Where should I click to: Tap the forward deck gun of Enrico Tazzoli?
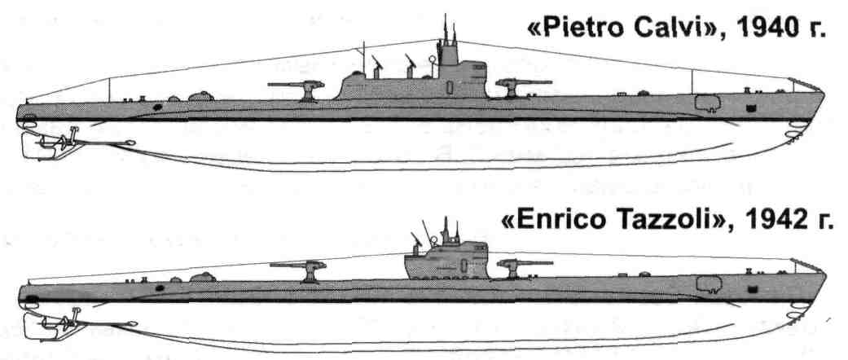pos(514,266)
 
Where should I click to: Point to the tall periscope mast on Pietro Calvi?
pos(446,33)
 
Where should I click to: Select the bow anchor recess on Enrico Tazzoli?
pos(709,284)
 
